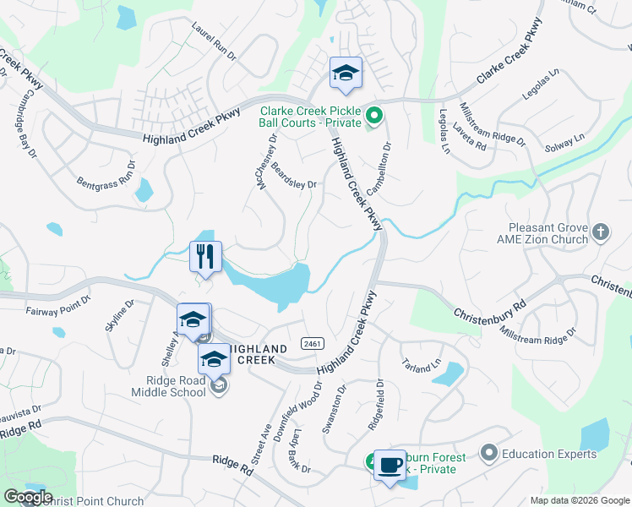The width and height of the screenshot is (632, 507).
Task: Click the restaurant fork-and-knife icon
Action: (x=205, y=256)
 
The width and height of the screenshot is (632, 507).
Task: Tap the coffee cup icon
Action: (x=390, y=464)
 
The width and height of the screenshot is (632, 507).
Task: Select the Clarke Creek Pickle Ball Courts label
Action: (x=310, y=117)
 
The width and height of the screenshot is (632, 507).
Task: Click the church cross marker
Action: (x=601, y=232)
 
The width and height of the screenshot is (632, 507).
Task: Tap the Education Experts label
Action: (x=549, y=454)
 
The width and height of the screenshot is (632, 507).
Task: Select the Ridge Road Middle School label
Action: (x=168, y=386)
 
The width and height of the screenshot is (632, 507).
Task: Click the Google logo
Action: (x=28, y=497)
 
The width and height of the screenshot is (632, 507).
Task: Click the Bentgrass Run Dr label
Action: (x=106, y=173)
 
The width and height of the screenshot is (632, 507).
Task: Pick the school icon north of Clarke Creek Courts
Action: (x=346, y=74)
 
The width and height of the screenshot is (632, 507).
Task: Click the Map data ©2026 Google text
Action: (x=580, y=500)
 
